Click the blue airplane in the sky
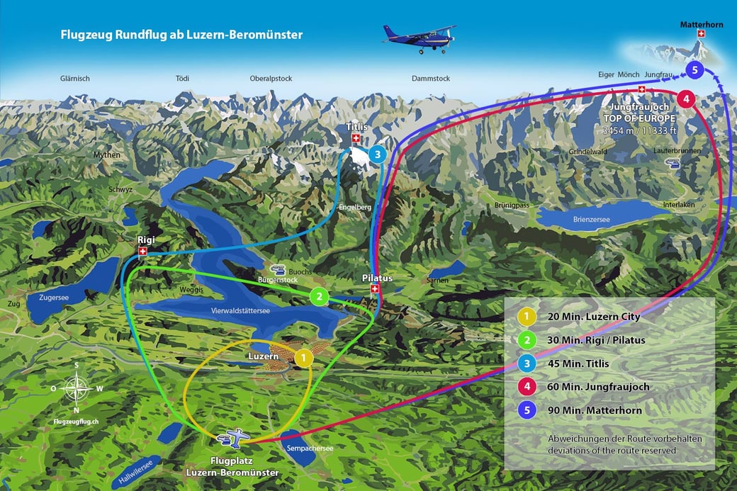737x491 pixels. (x=419, y=40)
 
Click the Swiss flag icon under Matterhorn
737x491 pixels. (x=702, y=34)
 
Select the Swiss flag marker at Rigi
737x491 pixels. (x=143, y=252)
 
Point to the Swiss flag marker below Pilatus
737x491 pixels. (x=375, y=289)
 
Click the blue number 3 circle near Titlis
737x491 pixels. (x=377, y=153)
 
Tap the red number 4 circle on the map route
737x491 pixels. (x=685, y=98)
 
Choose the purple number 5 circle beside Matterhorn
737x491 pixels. (x=694, y=69)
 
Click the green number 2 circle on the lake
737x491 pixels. (x=320, y=297)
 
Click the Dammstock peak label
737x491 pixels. (x=431, y=79)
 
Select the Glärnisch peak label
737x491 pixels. (x=75, y=79)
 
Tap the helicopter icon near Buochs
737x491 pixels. (x=279, y=271)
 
